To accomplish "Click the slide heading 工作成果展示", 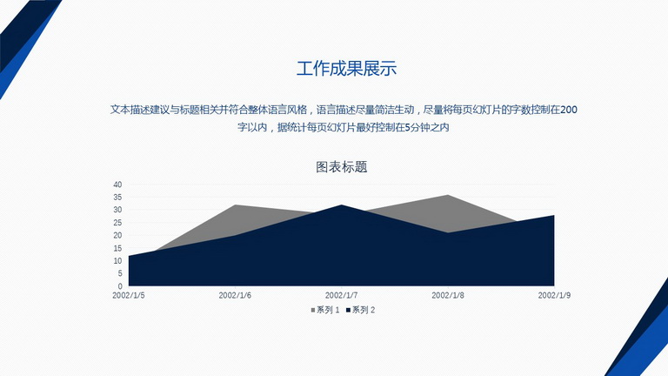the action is point(346,69).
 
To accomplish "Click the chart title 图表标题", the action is point(341,167).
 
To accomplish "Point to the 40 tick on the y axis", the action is point(117,185).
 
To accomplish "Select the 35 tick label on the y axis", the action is point(117,197).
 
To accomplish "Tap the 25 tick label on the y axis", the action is point(117,223).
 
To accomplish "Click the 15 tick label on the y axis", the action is point(117,248).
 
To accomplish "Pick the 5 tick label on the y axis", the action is point(120,273).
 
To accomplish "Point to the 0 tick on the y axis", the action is point(120,286).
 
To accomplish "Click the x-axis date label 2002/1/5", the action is point(129,295).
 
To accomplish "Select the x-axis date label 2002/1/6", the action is point(235,295).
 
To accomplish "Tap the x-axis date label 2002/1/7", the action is point(341,295).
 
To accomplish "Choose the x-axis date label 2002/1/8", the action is point(448,295).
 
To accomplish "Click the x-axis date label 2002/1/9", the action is point(554,295).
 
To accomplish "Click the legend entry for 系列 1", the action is point(325,310).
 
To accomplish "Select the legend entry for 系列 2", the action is point(360,310).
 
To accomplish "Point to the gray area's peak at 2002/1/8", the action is point(448,195).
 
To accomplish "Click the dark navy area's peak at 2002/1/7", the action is point(341,205).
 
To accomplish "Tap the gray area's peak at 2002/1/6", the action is point(235,205).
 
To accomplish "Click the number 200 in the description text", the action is point(569,110).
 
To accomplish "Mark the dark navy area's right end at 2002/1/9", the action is point(554,215).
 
